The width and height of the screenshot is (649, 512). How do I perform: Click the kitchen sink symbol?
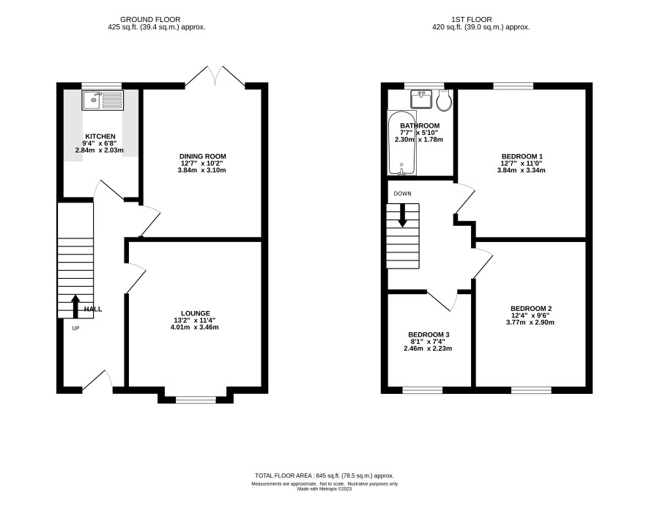(103, 100)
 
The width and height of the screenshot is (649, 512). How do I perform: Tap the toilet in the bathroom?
(444, 100)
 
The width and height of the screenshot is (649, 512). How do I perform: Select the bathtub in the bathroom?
(402, 142)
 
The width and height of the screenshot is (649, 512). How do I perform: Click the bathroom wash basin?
(421, 99)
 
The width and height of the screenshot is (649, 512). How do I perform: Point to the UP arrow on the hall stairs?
(75, 307)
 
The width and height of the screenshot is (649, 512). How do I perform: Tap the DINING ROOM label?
(202, 156)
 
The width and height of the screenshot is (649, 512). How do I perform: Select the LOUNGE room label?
(196, 313)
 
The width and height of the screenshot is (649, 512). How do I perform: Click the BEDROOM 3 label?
(429, 334)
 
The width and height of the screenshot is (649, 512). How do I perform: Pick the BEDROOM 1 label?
(522, 156)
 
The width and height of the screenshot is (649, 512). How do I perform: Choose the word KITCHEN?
(100, 136)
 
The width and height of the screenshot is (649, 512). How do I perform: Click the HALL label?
(93, 310)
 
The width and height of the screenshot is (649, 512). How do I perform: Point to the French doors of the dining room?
(215, 76)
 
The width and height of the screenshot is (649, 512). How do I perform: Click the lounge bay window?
(196, 400)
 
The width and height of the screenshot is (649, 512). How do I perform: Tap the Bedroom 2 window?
(532, 390)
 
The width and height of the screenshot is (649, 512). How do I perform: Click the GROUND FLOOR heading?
(150, 20)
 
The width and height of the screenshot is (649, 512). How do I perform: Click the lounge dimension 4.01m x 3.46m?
(195, 327)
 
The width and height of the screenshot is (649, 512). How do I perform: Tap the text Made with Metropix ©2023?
(324, 489)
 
